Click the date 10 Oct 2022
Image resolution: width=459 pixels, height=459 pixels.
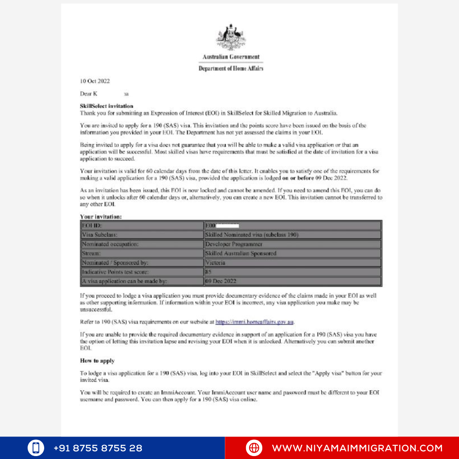[95, 81]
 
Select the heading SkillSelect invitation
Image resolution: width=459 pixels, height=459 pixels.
[107, 106]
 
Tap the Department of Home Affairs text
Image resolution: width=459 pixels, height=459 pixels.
[231, 68]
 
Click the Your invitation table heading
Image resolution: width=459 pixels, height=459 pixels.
[101, 217]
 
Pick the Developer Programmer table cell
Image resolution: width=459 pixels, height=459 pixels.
[234, 244]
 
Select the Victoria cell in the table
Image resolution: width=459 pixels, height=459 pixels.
[215, 263]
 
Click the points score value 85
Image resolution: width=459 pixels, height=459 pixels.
[209, 272]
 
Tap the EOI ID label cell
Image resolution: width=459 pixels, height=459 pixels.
[92, 226]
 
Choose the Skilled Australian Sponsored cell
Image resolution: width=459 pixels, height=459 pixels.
[241, 254]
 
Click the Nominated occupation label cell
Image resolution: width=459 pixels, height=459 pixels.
[110, 244]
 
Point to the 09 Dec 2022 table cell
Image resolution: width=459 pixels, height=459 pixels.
[221, 281]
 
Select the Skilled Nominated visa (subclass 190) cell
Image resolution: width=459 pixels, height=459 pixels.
[252, 235]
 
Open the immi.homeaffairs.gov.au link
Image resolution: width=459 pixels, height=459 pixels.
[255, 322]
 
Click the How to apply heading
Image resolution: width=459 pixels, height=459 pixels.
[97, 361]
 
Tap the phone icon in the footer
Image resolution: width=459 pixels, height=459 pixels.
[36, 448]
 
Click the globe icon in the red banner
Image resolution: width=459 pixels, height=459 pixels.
[254, 448]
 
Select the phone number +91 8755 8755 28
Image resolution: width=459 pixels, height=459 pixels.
[98, 448]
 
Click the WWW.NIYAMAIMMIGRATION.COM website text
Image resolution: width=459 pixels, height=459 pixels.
[357, 448]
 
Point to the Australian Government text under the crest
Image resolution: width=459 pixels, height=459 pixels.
[231, 57]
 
